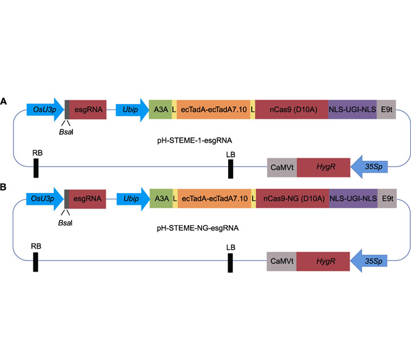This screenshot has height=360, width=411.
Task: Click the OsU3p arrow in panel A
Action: tap(45, 109)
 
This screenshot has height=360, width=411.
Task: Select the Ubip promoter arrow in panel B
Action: tap(133, 199)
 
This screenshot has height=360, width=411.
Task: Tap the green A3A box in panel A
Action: tap(161, 109)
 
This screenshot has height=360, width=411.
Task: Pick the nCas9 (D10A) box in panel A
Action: tap(292, 109)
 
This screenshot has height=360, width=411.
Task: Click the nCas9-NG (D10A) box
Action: tap(292, 199)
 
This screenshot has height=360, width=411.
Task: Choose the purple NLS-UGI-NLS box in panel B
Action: tap(354, 199)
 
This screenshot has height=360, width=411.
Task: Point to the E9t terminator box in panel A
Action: tap(386, 109)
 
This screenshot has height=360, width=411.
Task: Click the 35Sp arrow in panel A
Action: tap(369, 167)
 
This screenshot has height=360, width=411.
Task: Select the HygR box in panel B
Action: tap(323, 262)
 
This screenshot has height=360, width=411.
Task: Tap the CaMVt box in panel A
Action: tap(282, 168)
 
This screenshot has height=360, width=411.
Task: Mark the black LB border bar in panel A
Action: tap(231, 169)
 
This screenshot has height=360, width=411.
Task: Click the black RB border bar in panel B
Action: tap(36, 262)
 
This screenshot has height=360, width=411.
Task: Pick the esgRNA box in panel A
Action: tap(88, 109)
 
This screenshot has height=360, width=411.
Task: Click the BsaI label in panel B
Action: tap(66, 223)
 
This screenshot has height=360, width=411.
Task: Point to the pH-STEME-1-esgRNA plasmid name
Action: tap(195, 140)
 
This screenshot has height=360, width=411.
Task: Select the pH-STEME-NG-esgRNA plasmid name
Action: tap(198, 228)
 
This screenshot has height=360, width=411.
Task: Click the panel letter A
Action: tap(4, 101)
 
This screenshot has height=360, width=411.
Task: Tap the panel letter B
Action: tap(3, 187)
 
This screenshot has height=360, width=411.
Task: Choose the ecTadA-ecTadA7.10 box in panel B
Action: tap(214, 199)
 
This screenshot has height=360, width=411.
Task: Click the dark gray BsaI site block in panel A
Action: tap(67, 109)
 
